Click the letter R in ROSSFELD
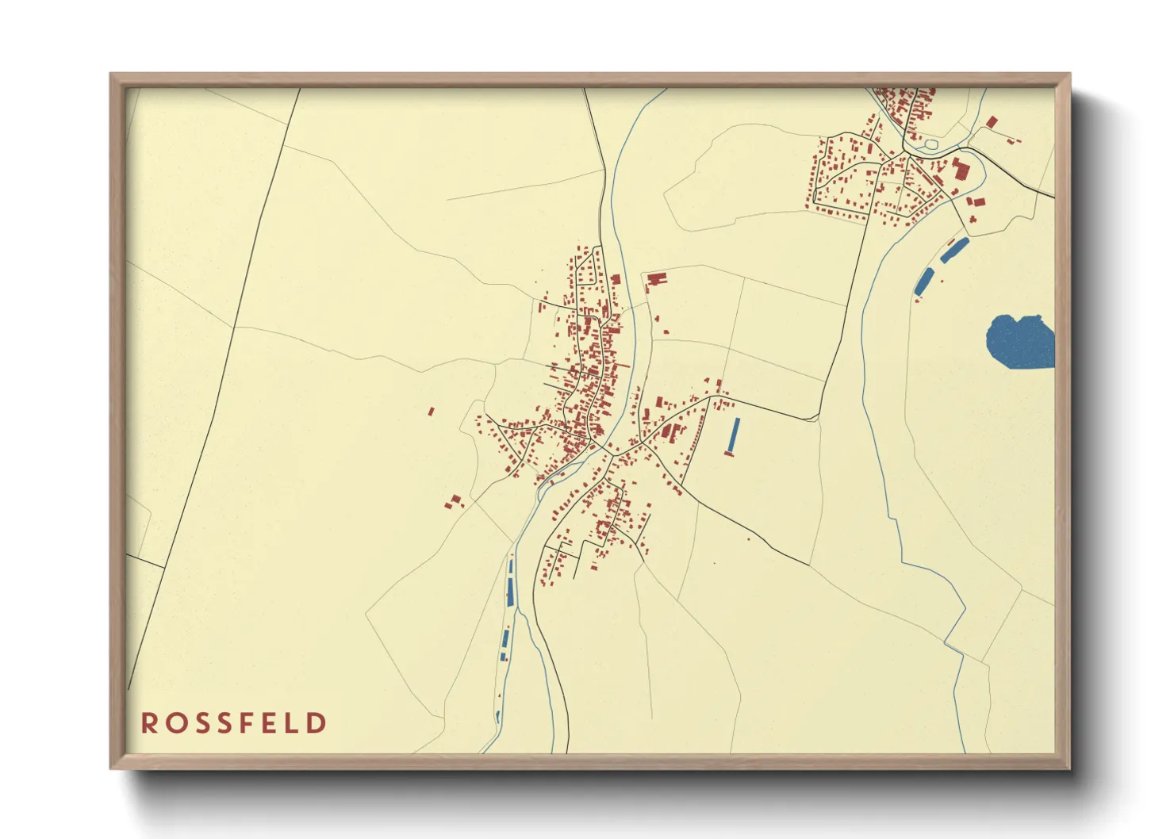148,723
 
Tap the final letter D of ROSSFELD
317,723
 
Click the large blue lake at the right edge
1020,342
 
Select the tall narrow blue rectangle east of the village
735,434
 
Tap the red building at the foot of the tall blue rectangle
729,454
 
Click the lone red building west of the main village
432,412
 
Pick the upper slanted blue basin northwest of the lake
954,249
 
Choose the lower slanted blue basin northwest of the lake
924,282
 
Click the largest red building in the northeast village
961,170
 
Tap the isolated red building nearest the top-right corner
992,121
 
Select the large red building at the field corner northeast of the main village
656,279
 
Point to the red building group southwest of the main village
453,501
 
